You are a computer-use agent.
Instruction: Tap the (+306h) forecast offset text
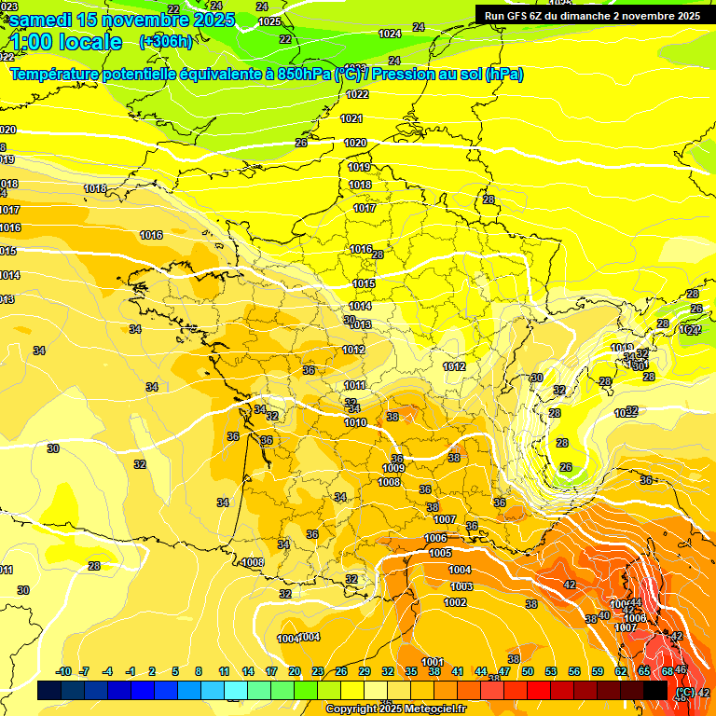point(166,41)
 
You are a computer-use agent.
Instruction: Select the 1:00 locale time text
point(67,42)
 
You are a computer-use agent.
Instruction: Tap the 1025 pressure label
point(269,21)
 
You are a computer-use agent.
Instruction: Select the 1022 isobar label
point(357,94)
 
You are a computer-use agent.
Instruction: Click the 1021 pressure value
point(351,118)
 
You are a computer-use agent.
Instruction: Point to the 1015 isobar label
point(364,283)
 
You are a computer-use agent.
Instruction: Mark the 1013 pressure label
point(361,324)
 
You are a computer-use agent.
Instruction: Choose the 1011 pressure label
point(354,385)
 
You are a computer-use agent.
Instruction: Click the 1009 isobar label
point(393,468)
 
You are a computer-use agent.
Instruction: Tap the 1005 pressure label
point(440,553)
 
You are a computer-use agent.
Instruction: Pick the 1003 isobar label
point(461,586)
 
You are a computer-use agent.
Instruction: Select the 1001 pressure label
point(433,662)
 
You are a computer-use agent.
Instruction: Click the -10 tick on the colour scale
point(63,671)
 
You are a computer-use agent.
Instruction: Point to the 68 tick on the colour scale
point(668,671)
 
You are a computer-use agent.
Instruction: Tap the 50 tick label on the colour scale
point(528,671)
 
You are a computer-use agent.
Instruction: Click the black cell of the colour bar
point(655,690)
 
